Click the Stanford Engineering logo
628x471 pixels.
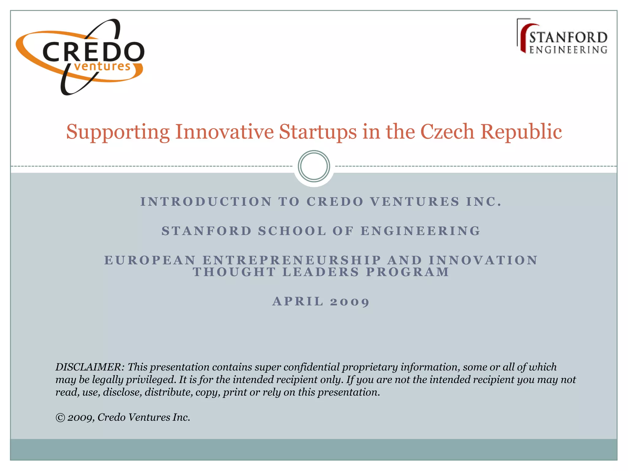tap(562, 37)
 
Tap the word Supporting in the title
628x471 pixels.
tap(118, 132)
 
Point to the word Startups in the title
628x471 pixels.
tap(318, 132)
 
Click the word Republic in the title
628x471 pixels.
tap(521, 132)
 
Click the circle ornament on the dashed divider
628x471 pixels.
tap(314, 166)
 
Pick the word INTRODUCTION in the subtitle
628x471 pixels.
tap(206, 202)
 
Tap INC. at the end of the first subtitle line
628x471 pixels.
tap(484, 202)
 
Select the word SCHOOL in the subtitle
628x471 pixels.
tap(292, 231)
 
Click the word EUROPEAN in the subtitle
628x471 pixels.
tap(150, 260)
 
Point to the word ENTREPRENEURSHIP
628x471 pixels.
tap(292, 260)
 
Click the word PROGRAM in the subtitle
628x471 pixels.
tap(408, 272)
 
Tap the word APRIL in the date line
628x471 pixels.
tap(298, 301)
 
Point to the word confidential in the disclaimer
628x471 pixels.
tap(311, 367)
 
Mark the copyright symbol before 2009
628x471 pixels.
tap(60, 418)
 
